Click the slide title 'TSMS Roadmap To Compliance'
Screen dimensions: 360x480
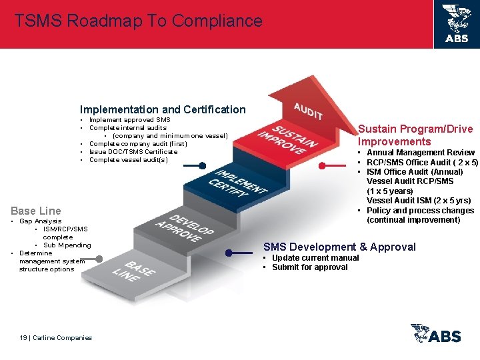[x=139, y=21]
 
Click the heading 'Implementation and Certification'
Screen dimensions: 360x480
[x=163, y=109]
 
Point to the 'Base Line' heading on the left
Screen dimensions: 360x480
[x=36, y=211]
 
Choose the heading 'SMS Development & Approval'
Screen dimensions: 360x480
[x=339, y=247]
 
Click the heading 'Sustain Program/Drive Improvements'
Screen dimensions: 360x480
[x=415, y=135]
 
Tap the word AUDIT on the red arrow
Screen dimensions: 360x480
[x=308, y=111]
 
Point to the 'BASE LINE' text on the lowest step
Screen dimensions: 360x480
[x=140, y=270]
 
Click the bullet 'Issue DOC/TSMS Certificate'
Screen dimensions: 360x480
[x=133, y=151]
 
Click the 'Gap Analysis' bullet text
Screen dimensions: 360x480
[x=40, y=221]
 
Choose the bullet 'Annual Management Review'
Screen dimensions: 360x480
[x=420, y=153]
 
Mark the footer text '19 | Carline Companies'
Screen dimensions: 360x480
[x=56, y=338]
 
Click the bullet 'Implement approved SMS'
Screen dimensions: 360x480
[x=129, y=120]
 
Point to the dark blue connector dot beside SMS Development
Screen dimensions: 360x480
[x=229, y=253]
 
